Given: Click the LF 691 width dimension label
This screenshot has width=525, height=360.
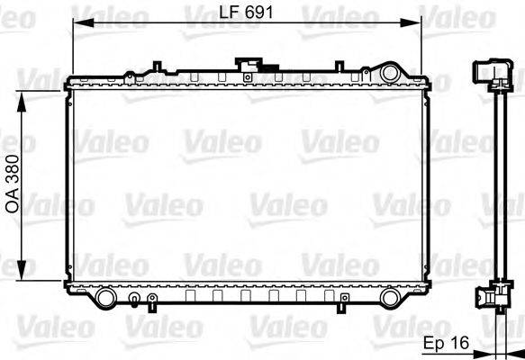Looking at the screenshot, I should (246, 12).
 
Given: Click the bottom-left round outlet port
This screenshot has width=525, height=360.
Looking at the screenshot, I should (105, 296).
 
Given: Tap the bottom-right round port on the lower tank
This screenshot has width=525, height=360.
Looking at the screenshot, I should (390, 297).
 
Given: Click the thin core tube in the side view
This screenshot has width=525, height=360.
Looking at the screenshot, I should (493, 189).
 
